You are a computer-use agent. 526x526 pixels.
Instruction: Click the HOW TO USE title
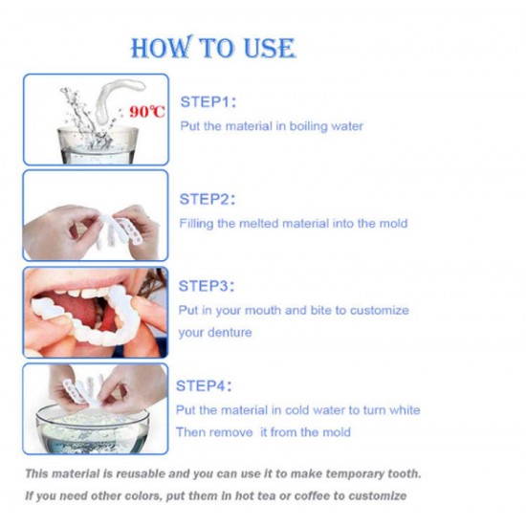(x=213, y=47)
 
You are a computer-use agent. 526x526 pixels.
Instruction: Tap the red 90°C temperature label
(x=147, y=111)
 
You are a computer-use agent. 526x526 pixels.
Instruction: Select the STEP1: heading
(x=208, y=102)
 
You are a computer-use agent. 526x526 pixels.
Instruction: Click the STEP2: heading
(x=208, y=199)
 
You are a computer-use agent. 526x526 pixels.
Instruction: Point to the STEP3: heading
(x=207, y=286)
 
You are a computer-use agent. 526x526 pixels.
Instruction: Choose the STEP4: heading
(x=204, y=385)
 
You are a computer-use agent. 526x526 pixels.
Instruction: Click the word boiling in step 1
(x=308, y=126)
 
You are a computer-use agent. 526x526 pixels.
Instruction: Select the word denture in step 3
(x=230, y=333)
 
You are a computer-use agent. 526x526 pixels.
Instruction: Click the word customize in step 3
(x=380, y=310)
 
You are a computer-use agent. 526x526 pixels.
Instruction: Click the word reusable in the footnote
(x=141, y=473)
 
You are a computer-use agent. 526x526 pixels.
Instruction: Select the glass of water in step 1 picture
(x=98, y=145)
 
